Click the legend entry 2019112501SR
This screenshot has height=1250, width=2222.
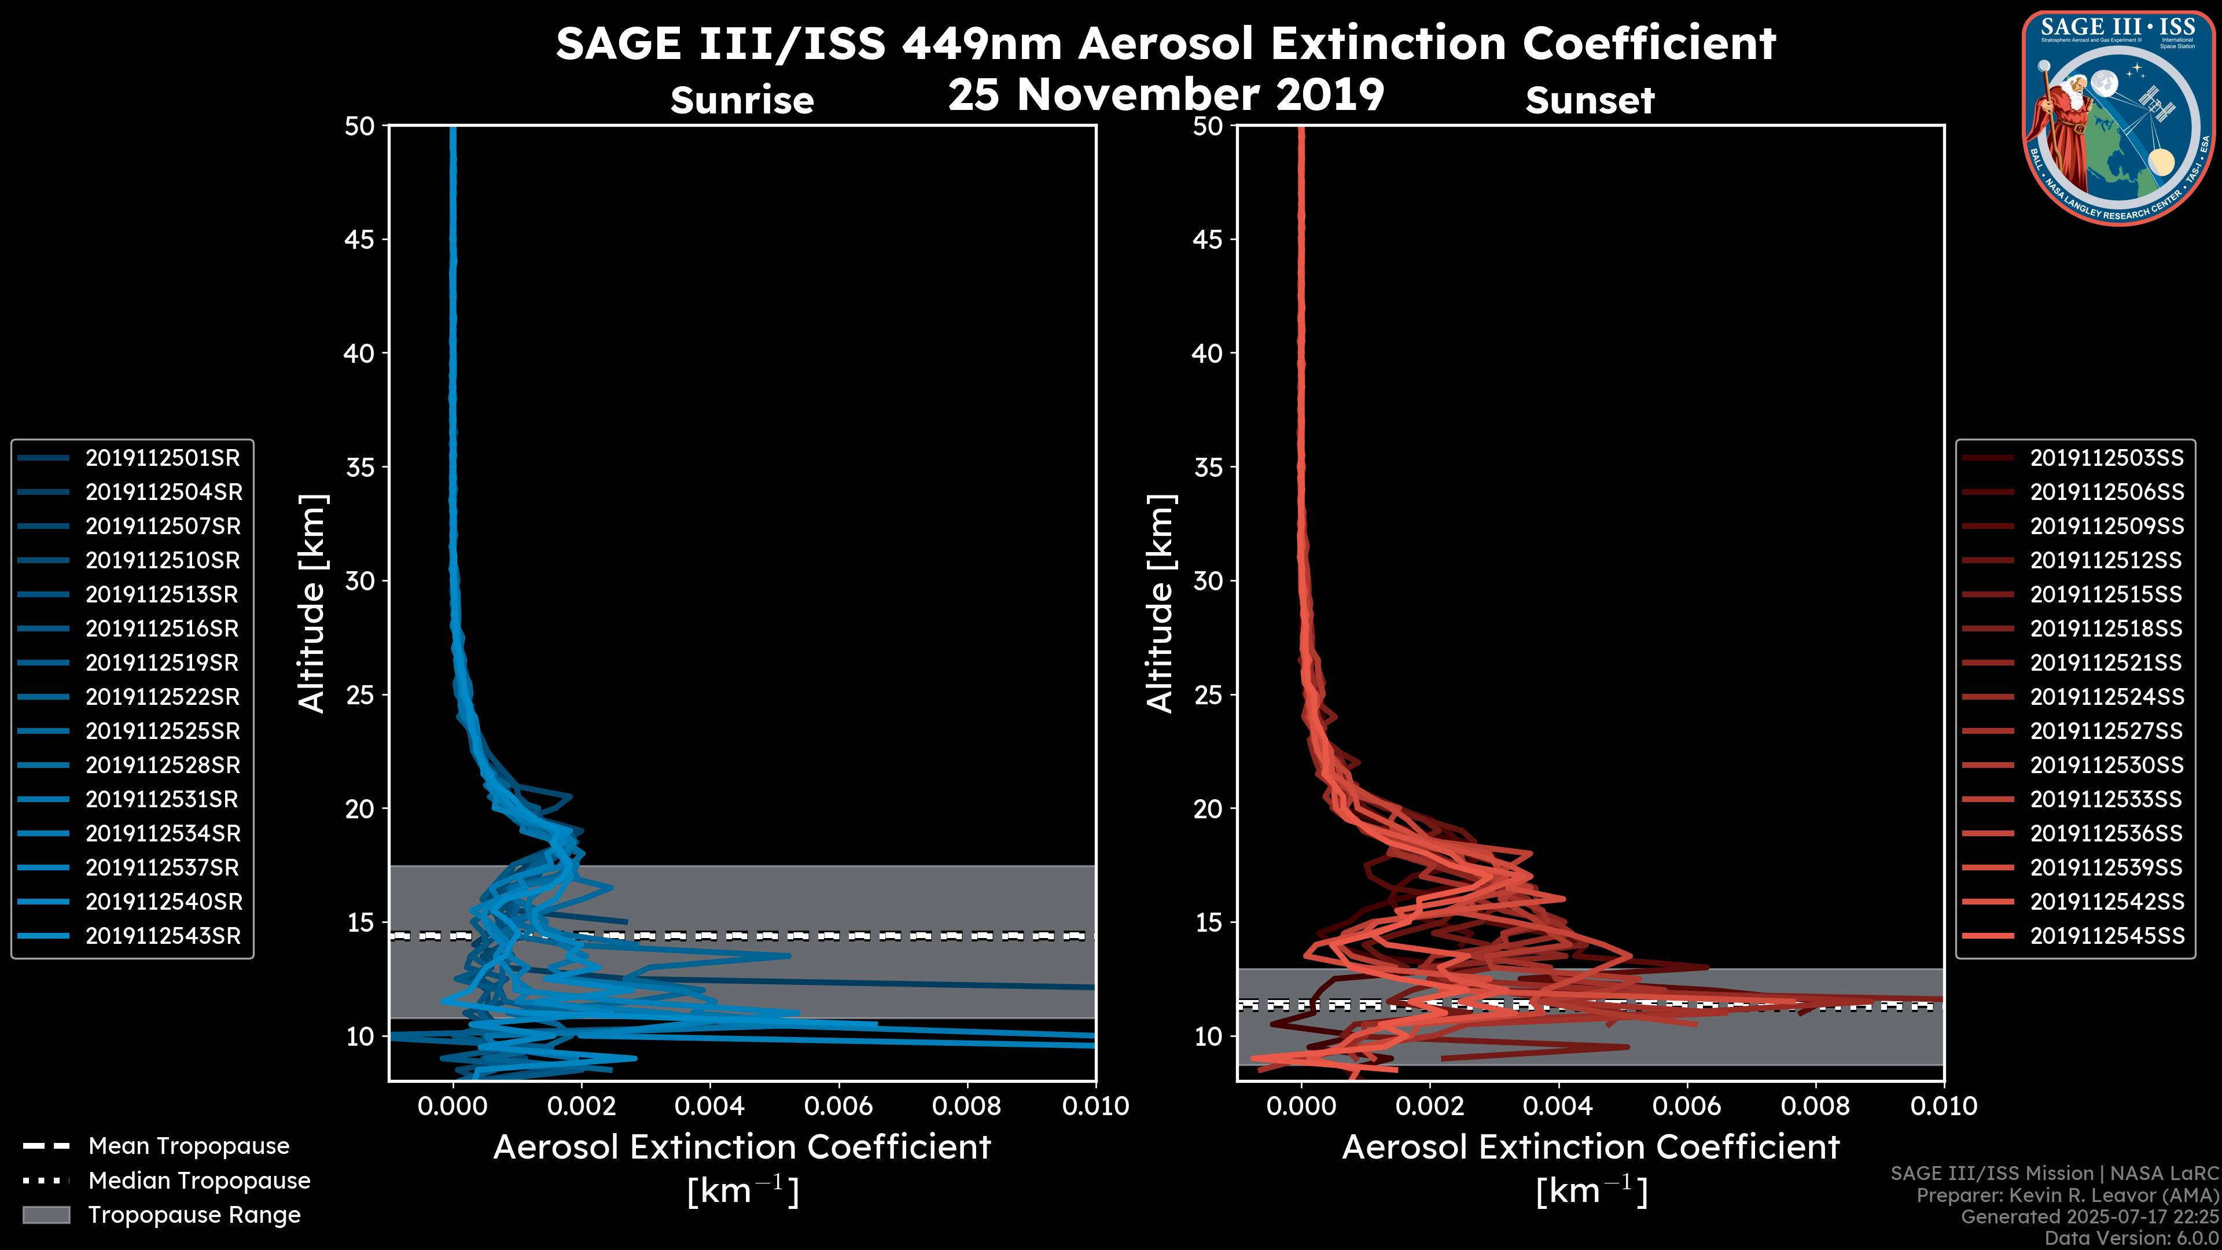click(x=162, y=458)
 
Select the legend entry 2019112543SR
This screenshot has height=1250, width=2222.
click(x=162, y=936)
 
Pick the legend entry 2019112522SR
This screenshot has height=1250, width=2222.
click(x=162, y=697)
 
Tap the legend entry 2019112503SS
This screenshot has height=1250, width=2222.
click(x=2106, y=458)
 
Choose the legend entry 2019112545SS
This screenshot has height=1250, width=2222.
click(x=2106, y=936)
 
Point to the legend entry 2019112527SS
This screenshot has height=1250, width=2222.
click(x=2106, y=731)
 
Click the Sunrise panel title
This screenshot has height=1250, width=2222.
click(x=742, y=101)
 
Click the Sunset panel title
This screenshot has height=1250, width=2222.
click(x=1590, y=101)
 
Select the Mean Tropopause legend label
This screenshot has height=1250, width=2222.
click(x=189, y=1146)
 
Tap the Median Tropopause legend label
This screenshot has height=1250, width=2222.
click(x=199, y=1181)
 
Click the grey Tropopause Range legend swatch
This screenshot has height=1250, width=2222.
click(x=46, y=1215)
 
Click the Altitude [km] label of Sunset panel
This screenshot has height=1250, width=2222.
click(x=1160, y=604)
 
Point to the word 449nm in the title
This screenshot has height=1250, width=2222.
click(x=981, y=44)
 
